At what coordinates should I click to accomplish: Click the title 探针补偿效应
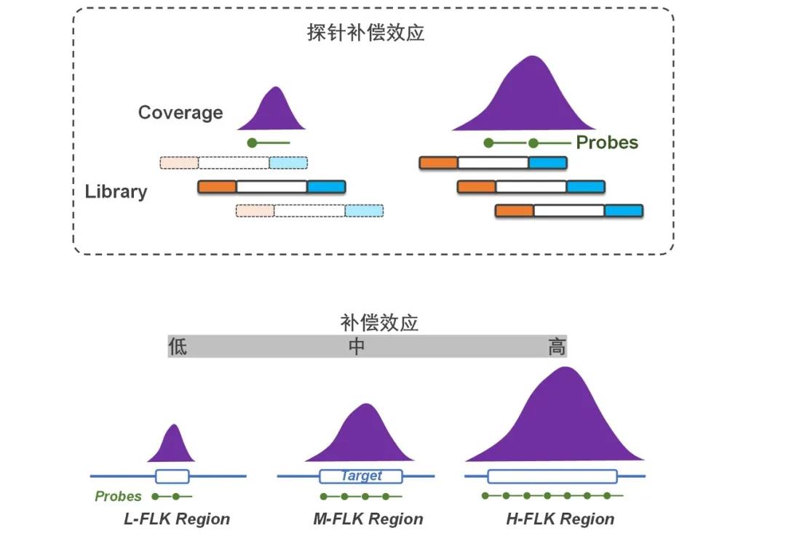366,33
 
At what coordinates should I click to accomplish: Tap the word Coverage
180,113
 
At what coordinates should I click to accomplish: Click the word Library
116,191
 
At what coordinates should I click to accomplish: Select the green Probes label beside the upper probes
607,143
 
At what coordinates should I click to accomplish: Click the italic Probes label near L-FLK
119,497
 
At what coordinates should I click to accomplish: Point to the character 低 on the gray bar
178,346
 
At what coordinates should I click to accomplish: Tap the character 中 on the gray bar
357,346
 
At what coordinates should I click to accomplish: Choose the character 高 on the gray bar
557,346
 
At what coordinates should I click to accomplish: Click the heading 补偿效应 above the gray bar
379,323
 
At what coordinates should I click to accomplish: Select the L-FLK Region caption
177,519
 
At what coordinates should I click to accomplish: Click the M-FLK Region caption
368,519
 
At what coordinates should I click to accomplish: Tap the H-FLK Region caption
560,519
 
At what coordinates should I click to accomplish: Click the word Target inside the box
361,476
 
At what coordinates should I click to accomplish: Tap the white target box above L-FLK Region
172,476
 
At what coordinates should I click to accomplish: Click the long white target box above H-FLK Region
552,476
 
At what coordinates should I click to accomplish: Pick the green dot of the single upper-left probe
252,143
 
